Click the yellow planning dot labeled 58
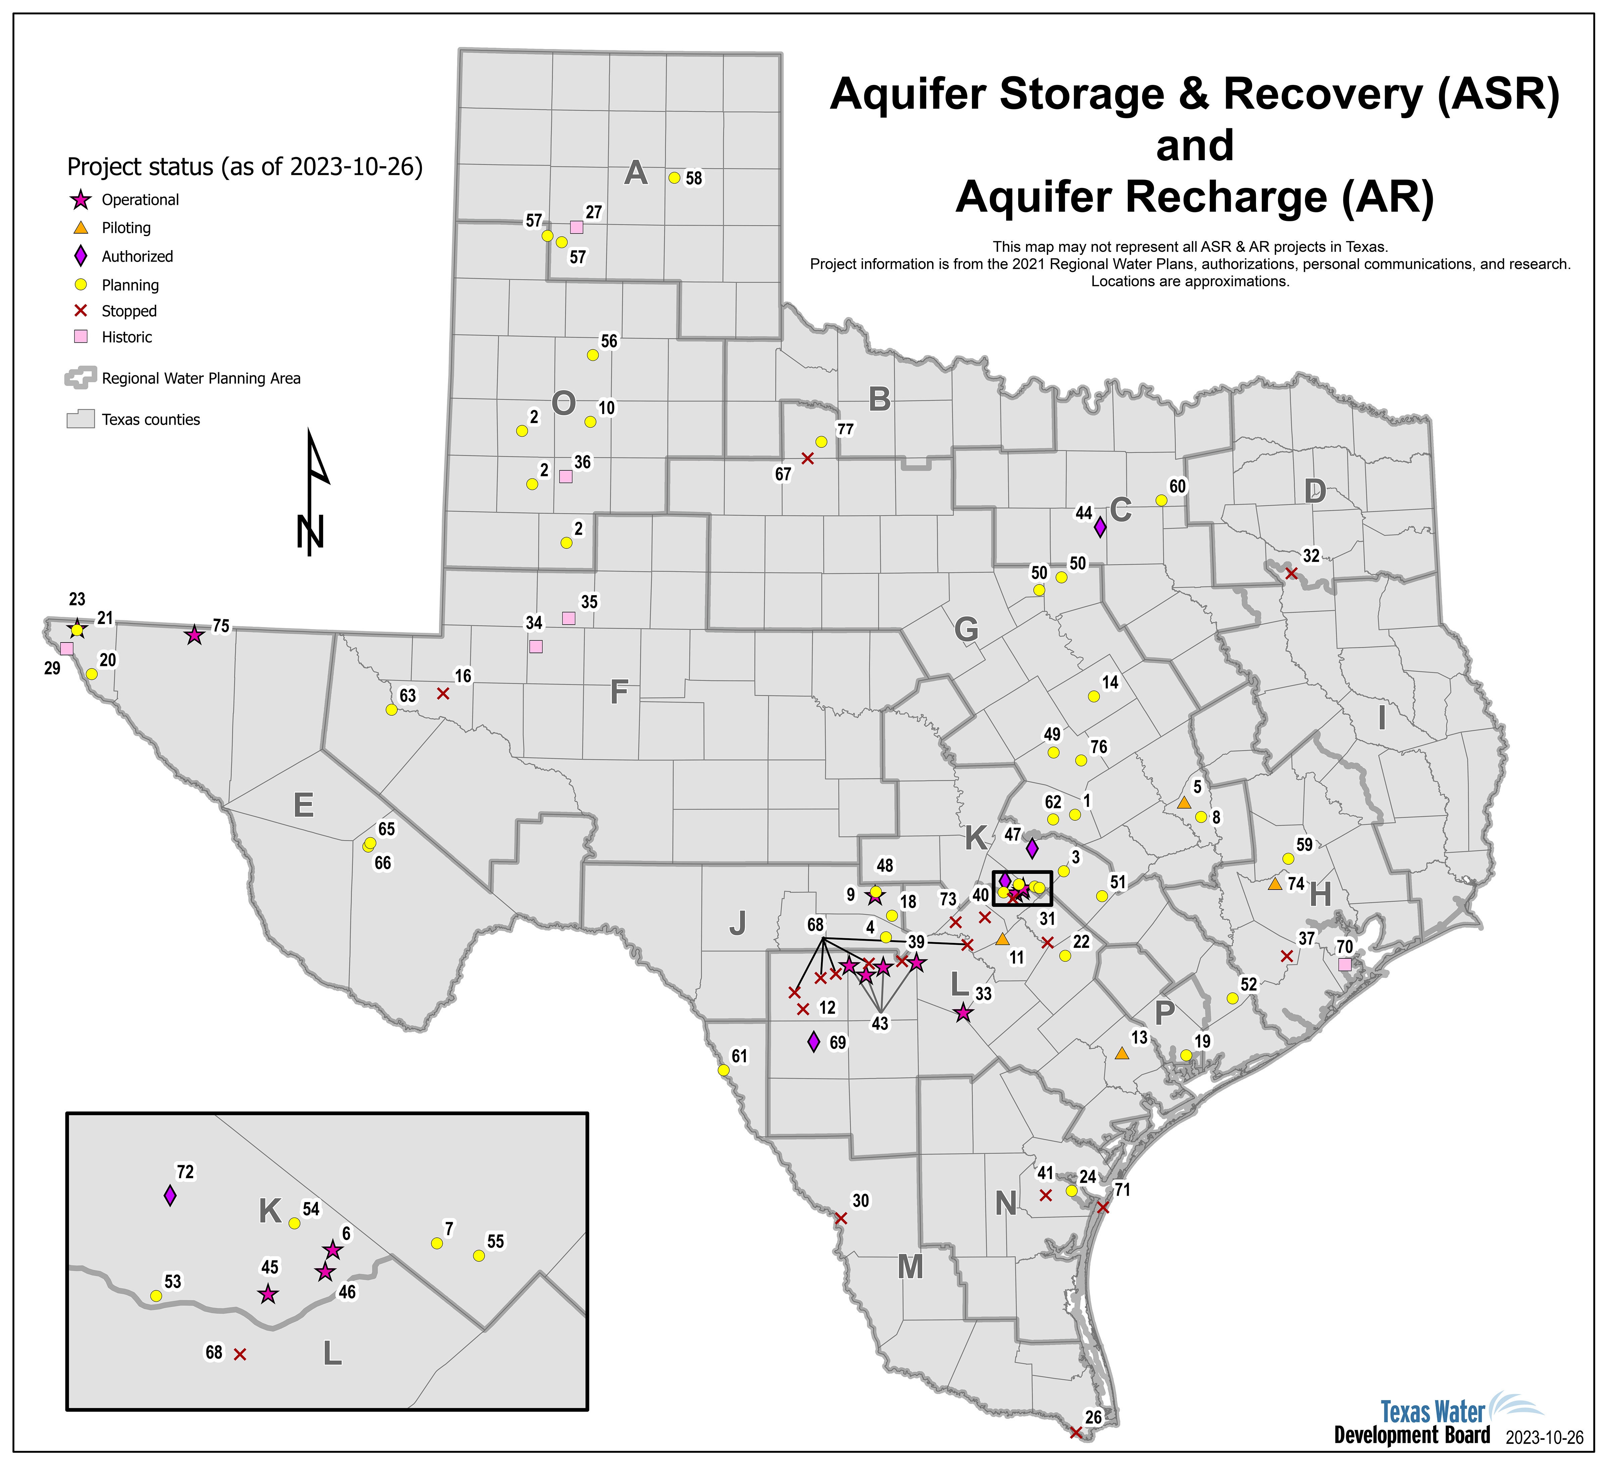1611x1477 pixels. pyautogui.click(x=674, y=178)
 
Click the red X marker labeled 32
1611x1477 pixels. pyautogui.click(x=1290, y=573)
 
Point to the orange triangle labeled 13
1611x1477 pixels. pyautogui.click(x=1122, y=1053)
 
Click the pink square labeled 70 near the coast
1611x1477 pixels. pyautogui.click(x=1345, y=965)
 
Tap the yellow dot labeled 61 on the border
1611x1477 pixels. pyautogui.click(x=723, y=1069)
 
